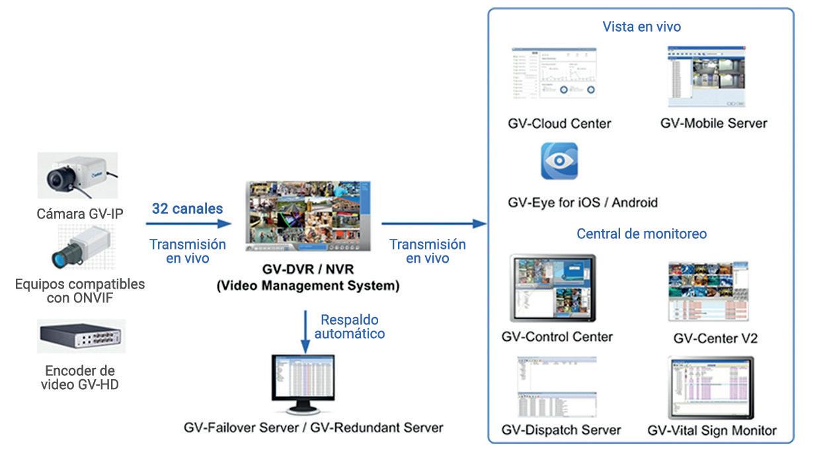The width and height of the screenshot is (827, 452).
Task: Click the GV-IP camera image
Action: coord(77,175)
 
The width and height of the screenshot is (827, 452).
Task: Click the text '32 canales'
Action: coord(187,209)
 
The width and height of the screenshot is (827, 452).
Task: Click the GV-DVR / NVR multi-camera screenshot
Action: coord(308,216)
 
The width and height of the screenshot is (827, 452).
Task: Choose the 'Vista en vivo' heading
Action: coord(641,27)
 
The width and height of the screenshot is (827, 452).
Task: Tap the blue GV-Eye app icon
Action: coord(559,161)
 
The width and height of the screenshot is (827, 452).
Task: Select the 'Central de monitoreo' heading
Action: coord(641,234)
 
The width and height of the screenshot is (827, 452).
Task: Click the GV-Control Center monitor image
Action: coord(553,288)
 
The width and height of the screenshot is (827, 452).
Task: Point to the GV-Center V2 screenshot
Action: coord(708,291)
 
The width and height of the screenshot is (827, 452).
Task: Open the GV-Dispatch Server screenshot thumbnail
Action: coord(557,386)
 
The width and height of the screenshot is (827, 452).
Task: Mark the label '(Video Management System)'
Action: coord(308,287)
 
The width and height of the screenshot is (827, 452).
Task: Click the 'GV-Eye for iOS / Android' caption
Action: coord(582,202)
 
